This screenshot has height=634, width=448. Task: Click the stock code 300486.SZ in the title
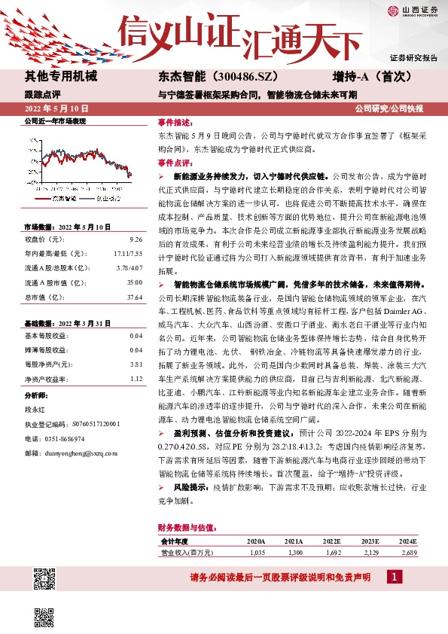[x=249, y=77]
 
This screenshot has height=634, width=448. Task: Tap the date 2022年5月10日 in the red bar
[x=57, y=109]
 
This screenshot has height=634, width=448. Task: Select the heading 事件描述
[x=174, y=121]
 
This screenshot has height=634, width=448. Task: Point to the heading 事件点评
[x=174, y=162]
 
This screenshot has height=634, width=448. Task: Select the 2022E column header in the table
[x=332, y=541]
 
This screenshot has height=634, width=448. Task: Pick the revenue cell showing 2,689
[x=409, y=553]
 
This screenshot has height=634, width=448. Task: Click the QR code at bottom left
[x=45, y=580]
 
